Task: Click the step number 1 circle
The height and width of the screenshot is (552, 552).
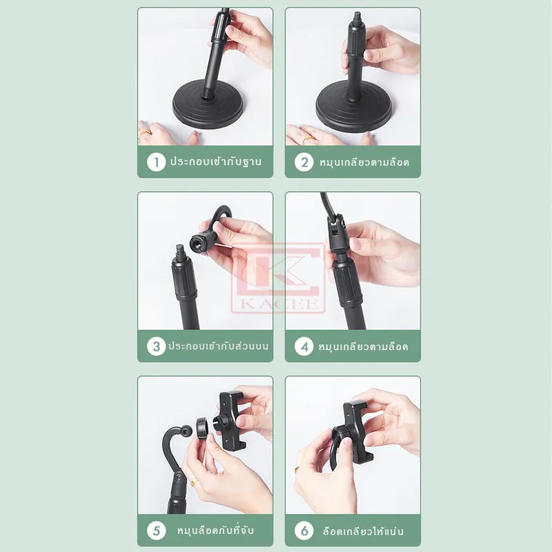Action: pyautogui.click(x=157, y=162)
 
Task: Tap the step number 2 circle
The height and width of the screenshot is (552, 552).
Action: pyautogui.click(x=304, y=162)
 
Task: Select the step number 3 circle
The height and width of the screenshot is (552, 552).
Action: pyautogui.click(x=157, y=346)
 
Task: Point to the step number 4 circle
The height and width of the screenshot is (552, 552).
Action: pyautogui.click(x=304, y=346)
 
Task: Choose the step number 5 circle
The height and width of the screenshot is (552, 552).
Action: pyautogui.click(x=157, y=531)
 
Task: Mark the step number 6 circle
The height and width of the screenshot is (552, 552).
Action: pyautogui.click(x=304, y=531)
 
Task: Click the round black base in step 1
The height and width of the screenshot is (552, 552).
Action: pyautogui.click(x=208, y=105)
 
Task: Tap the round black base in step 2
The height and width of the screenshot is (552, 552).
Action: pyautogui.click(x=353, y=110)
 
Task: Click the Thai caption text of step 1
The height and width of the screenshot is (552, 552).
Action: pyautogui.click(x=216, y=161)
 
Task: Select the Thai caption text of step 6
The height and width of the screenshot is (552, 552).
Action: pyautogui.click(x=363, y=531)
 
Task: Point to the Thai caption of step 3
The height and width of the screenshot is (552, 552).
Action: pyautogui.click(x=218, y=346)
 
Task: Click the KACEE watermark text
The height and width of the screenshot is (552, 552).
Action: pyautogui.click(x=279, y=304)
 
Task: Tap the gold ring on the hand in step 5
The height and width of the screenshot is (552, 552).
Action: pyautogui.click(x=194, y=482)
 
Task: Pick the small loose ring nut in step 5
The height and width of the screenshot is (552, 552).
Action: pyautogui.click(x=202, y=428)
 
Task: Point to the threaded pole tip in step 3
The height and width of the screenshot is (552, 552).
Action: pyautogui.click(x=180, y=250)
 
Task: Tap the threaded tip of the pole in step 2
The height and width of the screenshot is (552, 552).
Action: pyautogui.click(x=357, y=16)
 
